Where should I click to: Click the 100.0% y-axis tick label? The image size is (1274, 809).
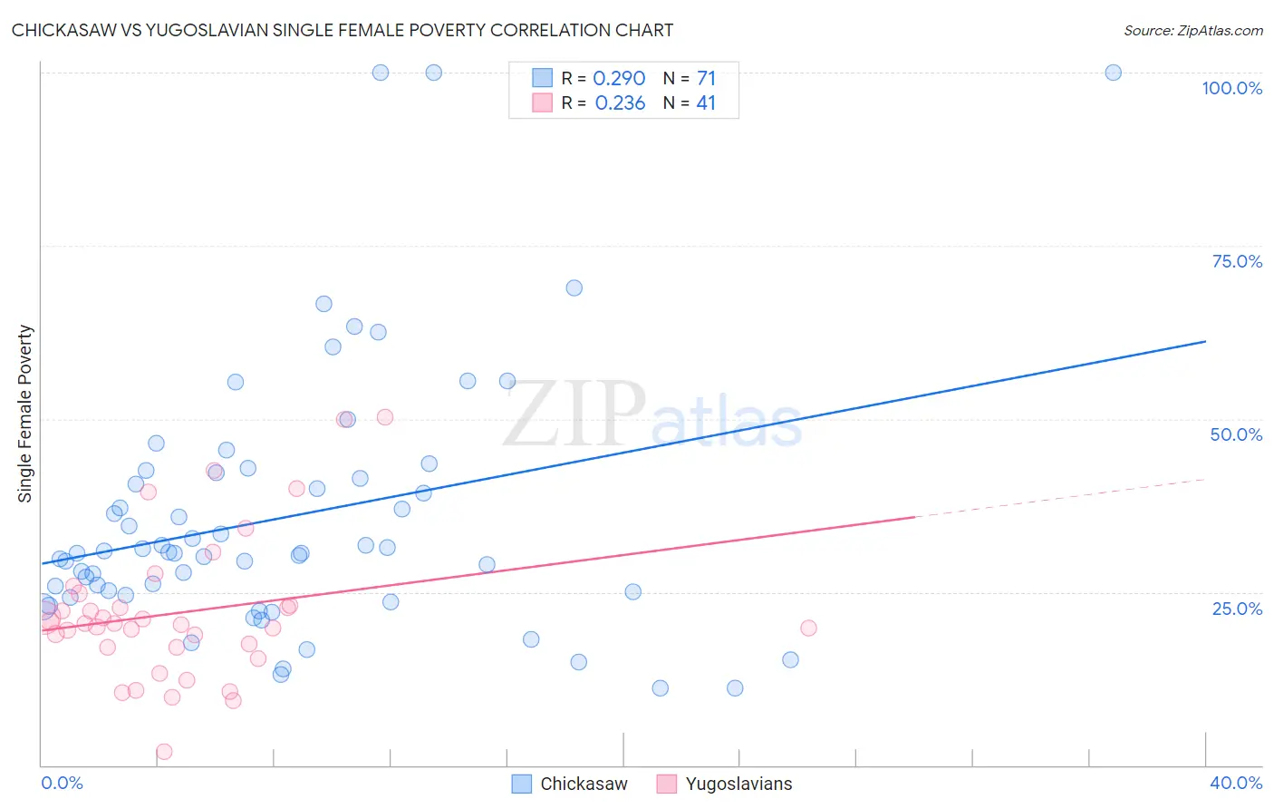[1231, 88]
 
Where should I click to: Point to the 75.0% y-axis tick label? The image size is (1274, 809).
[1237, 261]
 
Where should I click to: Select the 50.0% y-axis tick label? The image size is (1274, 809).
[1236, 434]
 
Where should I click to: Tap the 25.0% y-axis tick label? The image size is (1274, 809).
[1237, 608]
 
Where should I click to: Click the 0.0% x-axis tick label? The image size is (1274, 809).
[62, 783]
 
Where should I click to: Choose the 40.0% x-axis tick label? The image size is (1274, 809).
[1235, 783]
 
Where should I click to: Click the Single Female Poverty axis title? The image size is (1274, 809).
[25, 414]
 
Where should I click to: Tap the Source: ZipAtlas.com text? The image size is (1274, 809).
[1192, 30]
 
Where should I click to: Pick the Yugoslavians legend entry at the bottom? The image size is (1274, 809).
[724, 784]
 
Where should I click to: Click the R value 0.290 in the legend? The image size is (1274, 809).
[619, 78]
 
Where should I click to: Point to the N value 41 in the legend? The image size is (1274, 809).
[706, 103]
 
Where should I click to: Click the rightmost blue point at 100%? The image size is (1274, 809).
[1114, 73]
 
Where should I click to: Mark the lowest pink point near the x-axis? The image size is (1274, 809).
[164, 751]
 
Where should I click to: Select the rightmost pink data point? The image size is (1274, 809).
[808, 628]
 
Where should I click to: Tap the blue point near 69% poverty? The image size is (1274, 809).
[574, 288]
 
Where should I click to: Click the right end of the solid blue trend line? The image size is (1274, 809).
[1205, 341]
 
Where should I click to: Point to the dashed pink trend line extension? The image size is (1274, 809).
[1060, 497]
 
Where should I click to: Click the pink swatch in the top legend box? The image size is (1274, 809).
[542, 102]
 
